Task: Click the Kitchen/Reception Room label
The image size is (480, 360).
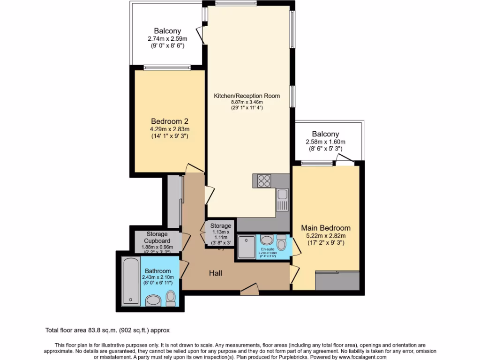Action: click(x=247, y=96)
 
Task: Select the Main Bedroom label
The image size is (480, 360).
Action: click(x=325, y=228)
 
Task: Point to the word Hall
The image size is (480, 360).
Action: click(x=216, y=273)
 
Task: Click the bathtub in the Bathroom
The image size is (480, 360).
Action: click(x=128, y=281)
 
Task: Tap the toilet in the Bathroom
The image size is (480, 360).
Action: click(x=171, y=298)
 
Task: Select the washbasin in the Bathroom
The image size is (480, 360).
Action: click(x=153, y=300)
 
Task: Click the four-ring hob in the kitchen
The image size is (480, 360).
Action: click(x=264, y=180)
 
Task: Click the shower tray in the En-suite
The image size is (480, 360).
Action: click(x=247, y=247)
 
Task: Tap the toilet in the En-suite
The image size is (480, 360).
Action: click(x=281, y=243)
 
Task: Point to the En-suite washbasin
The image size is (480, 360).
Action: click(x=265, y=240)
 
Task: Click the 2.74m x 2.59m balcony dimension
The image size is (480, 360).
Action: click(x=168, y=39)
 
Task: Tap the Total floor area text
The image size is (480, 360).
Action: click(x=110, y=330)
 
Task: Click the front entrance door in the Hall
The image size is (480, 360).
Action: click(x=249, y=290)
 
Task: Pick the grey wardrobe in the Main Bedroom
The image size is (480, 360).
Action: click(x=337, y=280)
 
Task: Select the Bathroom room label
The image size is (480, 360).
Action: click(x=157, y=271)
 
